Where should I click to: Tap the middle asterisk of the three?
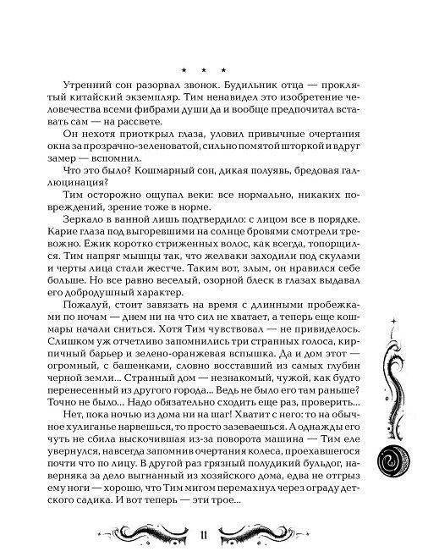204,68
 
